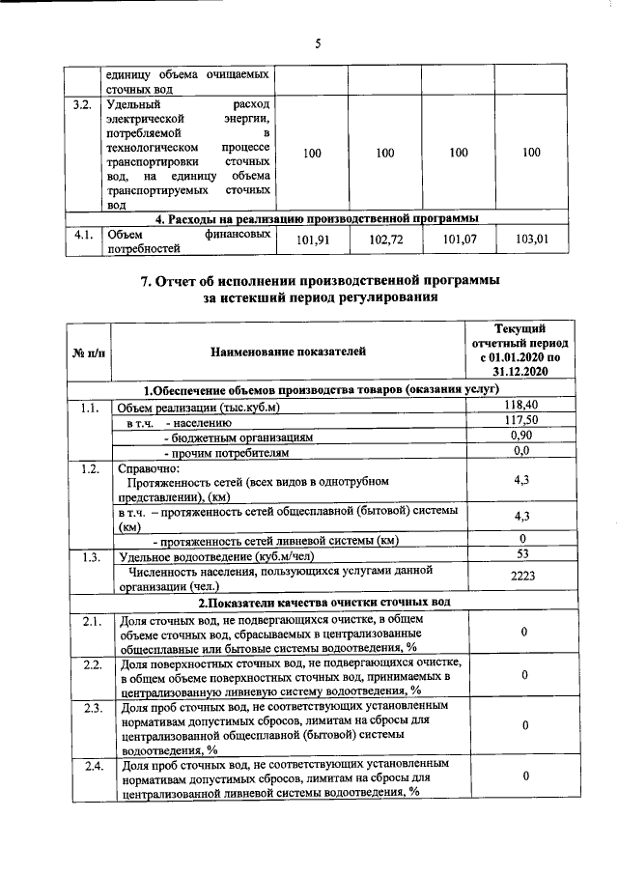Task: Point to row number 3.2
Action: [82, 103]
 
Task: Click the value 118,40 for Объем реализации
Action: [520, 406]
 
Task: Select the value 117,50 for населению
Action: [520, 421]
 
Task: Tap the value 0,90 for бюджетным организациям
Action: [520, 436]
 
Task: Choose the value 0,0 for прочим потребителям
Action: [520, 451]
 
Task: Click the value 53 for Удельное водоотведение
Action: [520, 554]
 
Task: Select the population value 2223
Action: [520, 577]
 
